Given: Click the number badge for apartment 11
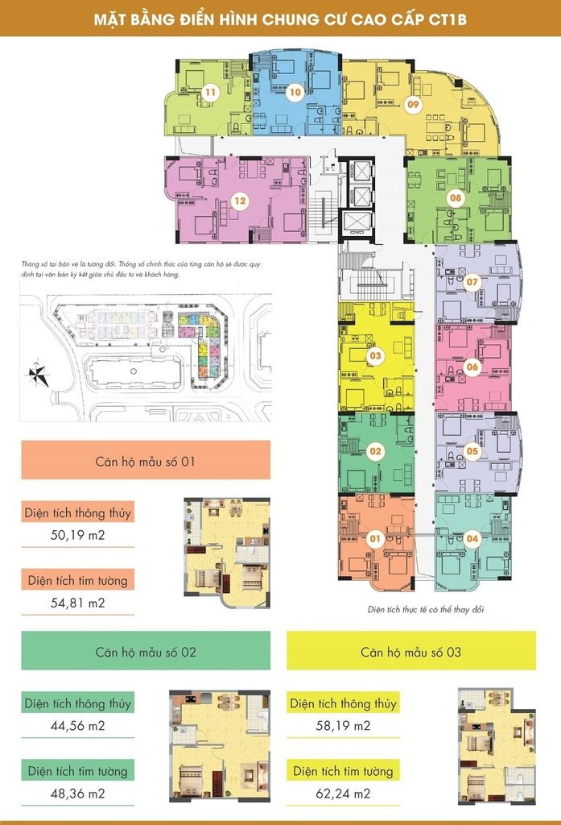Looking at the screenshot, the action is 210,93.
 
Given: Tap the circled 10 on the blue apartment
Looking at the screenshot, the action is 295,92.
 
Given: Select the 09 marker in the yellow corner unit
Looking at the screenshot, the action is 413,104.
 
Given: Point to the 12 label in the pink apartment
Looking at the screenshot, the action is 240,201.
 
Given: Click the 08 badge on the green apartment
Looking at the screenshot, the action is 456,198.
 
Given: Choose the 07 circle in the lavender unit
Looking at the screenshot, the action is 472,282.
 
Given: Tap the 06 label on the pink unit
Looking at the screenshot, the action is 472,367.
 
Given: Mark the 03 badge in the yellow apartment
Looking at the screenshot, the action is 375,355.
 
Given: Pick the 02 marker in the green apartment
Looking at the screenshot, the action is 375,451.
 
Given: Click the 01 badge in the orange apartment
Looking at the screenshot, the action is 375,538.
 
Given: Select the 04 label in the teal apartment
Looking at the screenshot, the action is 472,538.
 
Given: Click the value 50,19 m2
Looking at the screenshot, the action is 78,535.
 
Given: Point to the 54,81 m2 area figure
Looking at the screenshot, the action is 78,603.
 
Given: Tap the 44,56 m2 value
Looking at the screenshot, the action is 78,726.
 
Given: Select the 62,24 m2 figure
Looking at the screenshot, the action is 344,793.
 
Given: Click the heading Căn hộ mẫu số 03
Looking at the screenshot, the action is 410,653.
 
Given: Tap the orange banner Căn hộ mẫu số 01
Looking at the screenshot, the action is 146,460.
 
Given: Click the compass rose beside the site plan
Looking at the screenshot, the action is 39,374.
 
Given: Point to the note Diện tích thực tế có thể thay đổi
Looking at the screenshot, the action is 425,610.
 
